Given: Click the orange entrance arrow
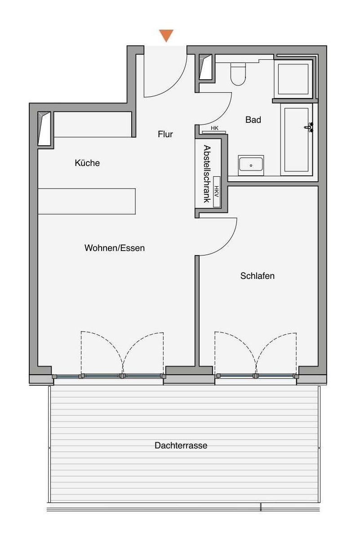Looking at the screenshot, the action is pos(166,36).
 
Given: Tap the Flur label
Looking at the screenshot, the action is pos(165,134).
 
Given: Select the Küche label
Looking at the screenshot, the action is pos(87,163).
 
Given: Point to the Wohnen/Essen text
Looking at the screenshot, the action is pos(115,248).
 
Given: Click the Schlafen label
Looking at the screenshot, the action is pos(257,276).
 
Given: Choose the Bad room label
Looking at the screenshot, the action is pos(253,120).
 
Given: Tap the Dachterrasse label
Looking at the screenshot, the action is pos(181,445).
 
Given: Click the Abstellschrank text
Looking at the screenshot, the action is pos(207,174).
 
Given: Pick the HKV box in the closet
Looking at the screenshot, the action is pos(217,192).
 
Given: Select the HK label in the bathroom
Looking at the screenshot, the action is pos(214,128).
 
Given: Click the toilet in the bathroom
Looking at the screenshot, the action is pos(238,74).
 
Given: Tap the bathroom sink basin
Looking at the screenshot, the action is pos(251,165).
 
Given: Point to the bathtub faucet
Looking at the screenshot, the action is pos(309,127).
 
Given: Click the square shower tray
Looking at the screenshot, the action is pos(293,79).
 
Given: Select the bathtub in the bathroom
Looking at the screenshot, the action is pos(297,139).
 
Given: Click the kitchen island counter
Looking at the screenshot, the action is pos(87,202).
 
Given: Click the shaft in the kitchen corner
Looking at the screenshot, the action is pos(44,129).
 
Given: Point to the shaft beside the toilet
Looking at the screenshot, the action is pos(205,67).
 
